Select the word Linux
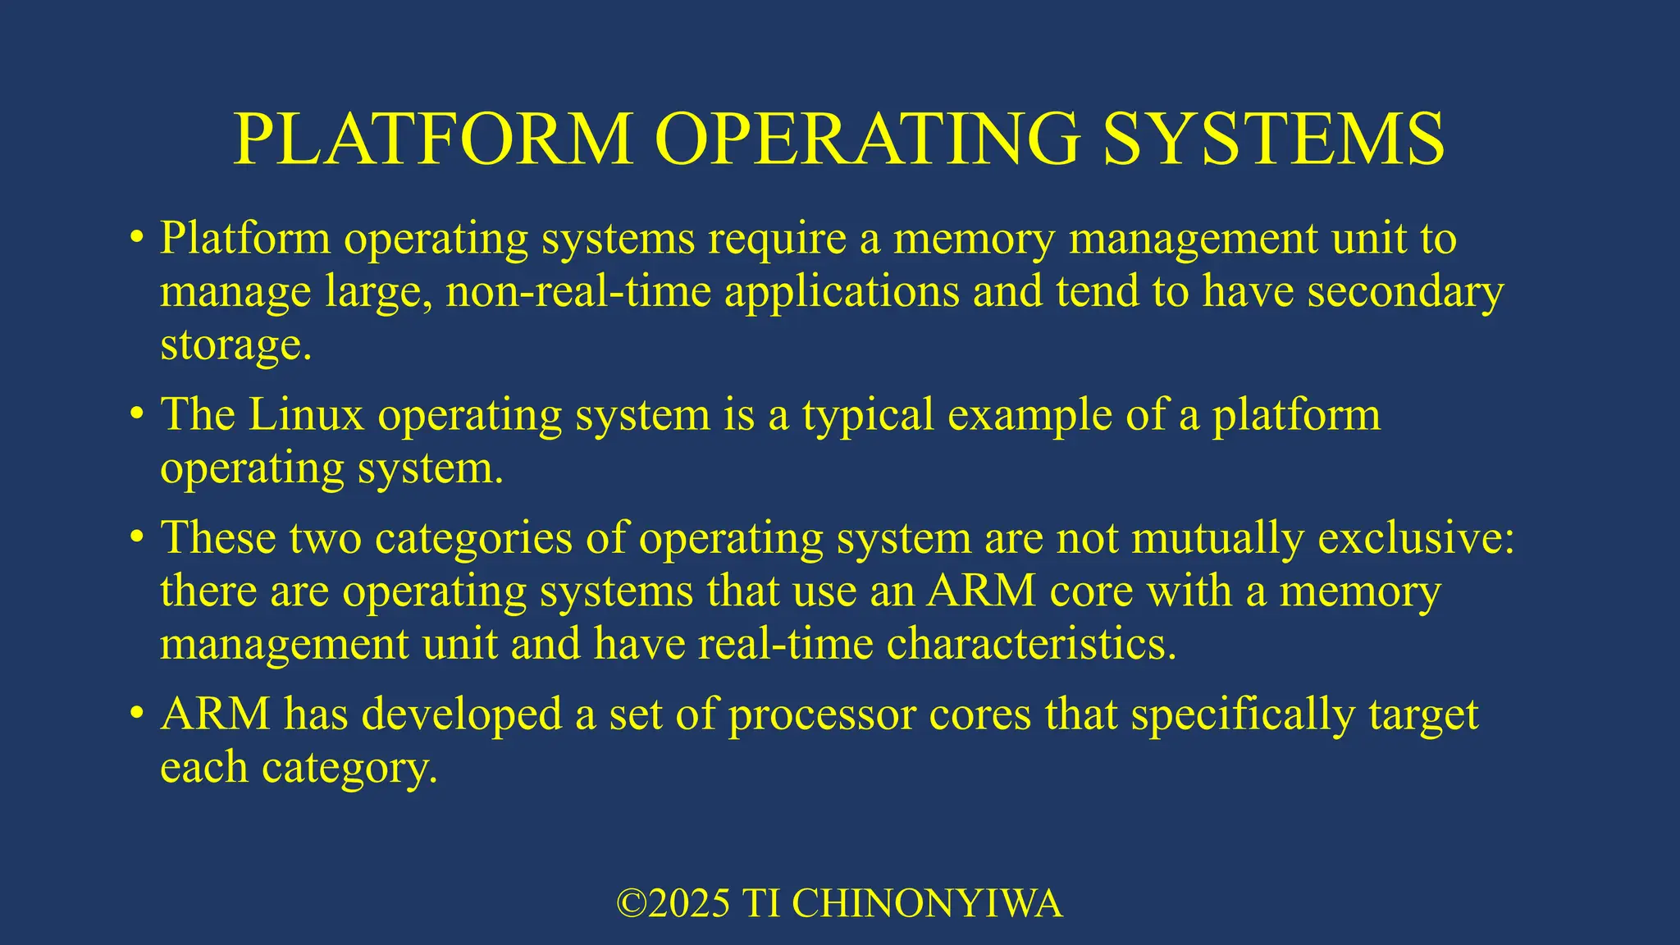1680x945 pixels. [306, 414]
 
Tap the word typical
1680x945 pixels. [868, 414]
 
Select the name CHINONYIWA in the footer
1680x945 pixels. [927, 903]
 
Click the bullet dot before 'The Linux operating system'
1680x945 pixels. [136, 414]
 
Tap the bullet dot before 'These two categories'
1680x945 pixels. [136, 538]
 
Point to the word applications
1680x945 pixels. [842, 291]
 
